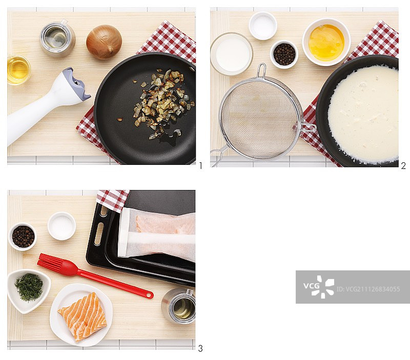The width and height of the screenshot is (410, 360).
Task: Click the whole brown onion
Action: pos(104,41)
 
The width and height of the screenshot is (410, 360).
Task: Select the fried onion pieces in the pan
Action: pos(162,102)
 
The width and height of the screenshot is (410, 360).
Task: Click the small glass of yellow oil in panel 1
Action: pos(18,70)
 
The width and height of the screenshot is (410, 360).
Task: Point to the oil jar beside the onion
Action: pos(58,38)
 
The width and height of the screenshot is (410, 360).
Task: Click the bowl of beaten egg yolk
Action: pos(326,42)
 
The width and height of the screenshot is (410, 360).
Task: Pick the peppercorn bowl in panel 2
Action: pos(284,54)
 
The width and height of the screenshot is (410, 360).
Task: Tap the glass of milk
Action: pos(231,54)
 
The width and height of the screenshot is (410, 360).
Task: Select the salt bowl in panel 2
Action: pos(263,26)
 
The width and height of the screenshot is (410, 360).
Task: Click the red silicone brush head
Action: pos(56,265)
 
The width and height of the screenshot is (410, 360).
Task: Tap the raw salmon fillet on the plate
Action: pos(83,316)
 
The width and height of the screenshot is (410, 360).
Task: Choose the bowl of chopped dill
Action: pos(28,290)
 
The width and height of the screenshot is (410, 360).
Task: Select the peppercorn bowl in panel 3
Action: pos(23,237)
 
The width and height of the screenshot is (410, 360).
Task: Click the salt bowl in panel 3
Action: pos(61,226)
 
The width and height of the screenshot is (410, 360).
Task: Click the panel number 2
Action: pos(403,165)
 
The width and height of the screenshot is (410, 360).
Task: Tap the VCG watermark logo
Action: pos(319,287)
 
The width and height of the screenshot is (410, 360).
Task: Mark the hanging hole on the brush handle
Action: pos(149,295)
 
